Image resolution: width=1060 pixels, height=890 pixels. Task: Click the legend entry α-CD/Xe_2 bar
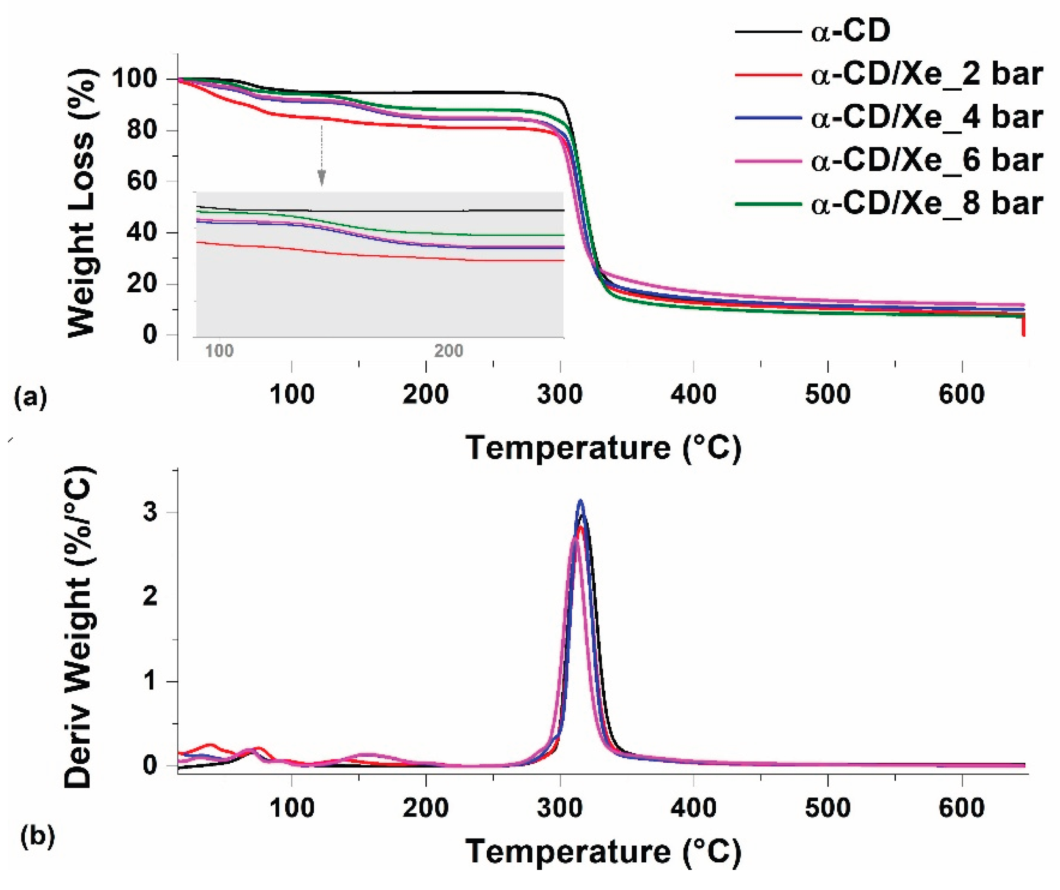[889, 75]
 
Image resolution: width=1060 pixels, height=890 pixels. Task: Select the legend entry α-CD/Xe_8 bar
[889, 203]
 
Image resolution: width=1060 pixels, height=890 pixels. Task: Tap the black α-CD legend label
[813, 31]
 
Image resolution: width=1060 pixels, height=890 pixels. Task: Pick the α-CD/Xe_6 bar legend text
[927, 160]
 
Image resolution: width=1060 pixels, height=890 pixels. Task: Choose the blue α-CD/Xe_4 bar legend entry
[889, 118]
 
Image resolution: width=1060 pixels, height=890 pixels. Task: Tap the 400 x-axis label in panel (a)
[693, 394]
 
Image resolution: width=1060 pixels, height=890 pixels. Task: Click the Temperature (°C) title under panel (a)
[603, 447]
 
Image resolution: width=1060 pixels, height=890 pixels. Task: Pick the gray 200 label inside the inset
[448, 350]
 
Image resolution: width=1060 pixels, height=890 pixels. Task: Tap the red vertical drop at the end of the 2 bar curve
[1023, 325]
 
